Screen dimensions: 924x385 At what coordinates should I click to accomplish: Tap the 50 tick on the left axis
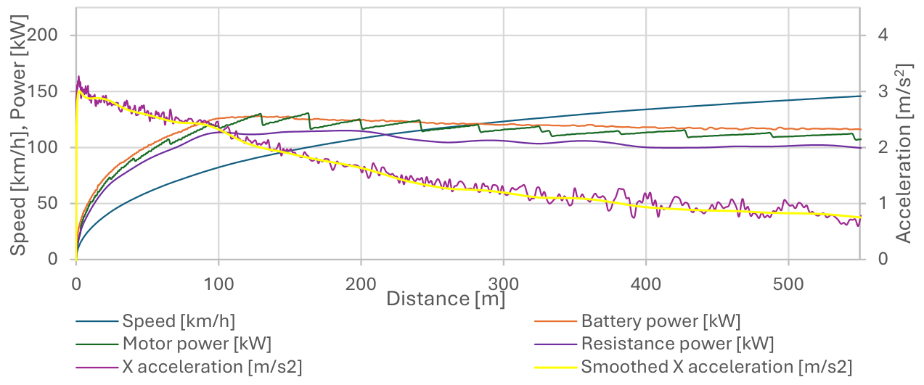(47, 203)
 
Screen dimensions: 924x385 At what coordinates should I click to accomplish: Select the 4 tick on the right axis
(883, 35)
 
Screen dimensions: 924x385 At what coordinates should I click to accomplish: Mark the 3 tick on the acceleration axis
(883, 91)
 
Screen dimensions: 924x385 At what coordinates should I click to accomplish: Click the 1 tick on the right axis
(883, 203)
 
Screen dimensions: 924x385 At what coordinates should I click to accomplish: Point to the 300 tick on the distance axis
(503, 284)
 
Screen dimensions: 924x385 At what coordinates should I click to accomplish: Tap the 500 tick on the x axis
(788, 284)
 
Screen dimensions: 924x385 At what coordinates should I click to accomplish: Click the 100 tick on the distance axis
(218, 284)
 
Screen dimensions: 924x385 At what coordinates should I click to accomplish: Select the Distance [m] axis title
(446, 299)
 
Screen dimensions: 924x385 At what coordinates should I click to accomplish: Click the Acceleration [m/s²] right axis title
(904, 153)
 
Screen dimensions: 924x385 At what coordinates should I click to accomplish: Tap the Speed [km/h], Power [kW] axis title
(18, 135)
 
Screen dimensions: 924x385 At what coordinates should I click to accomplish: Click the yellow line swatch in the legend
(555, 367)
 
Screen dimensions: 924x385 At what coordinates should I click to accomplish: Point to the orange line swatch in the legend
(555, 321)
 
